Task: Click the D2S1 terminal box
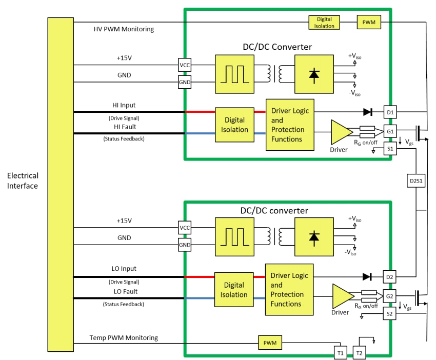coord(415,181)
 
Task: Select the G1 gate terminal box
coord(390,131)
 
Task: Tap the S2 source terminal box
coord(390,314)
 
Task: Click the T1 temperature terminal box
coord(340,353)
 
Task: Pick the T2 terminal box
coord(360,353)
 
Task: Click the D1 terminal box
coord(390,112)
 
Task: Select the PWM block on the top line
coord(369,22)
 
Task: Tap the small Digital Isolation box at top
coord(324,22)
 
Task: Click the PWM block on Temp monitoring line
coord(270,342)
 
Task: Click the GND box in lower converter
coord(185,245)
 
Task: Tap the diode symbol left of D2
coord(367,276)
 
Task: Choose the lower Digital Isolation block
coord(234,290)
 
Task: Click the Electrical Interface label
coord(23,181)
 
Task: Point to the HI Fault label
coord(124,127)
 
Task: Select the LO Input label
coord(124,269)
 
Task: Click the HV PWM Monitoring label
coord(124,29)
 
